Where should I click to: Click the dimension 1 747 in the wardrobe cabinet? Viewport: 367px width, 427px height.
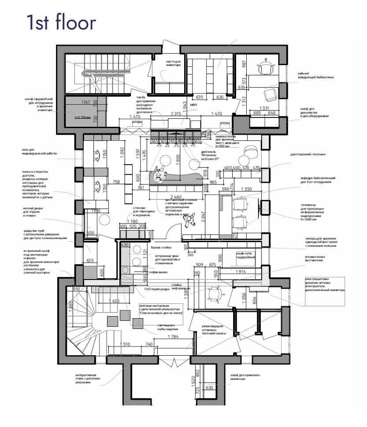click(89, 102)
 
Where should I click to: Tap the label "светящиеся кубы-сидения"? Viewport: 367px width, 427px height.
click(167, 327)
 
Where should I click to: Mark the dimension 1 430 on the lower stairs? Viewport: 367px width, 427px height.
click(114, 301)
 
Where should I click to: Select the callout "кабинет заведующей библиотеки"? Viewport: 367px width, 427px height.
click(315, 76)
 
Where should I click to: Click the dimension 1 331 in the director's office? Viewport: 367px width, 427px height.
click(265, 108)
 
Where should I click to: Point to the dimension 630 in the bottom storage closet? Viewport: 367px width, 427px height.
click(209, 388)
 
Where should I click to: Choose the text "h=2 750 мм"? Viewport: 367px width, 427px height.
click(82, 118)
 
